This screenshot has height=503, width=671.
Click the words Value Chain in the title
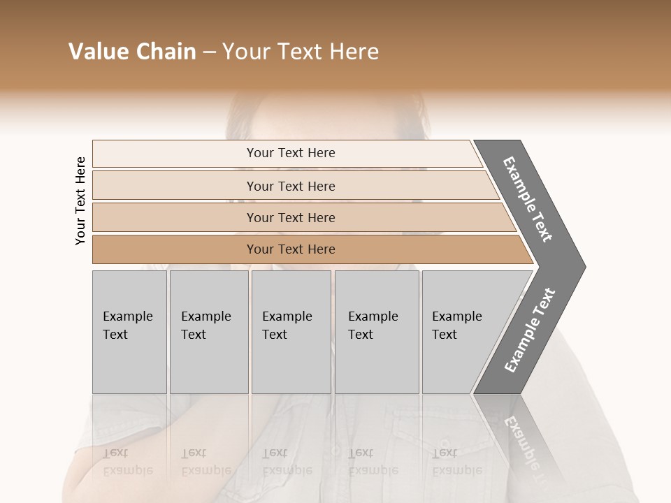point(132,52)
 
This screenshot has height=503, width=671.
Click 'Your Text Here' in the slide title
point(301,52)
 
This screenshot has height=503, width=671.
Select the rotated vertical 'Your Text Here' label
point(80,201)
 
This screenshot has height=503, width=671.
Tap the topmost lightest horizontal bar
point(291,153)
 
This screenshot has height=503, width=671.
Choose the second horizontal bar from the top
point(291,186)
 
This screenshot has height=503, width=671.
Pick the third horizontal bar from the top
point(291,217)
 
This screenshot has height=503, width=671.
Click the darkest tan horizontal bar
point(291,249)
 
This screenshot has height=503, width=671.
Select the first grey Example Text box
point(129,332)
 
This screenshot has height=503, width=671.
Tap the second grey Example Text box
point(208,332)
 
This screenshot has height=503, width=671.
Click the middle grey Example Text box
point(291,332)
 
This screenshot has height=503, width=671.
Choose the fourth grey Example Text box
point(377,332)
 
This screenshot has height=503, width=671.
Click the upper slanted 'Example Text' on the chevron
point(528,199)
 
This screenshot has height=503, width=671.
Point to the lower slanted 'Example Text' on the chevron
point(530,330)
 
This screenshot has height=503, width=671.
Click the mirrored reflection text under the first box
point(127,462)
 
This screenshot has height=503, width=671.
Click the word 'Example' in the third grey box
point(287,316)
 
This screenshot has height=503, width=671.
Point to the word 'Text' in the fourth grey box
point(361,335)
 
